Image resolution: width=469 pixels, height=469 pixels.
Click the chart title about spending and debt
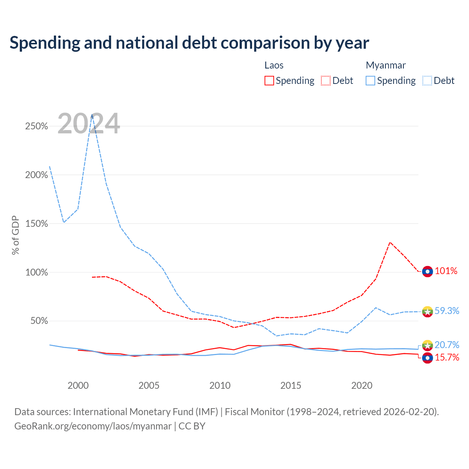pyautogui.click(x=189, y=43)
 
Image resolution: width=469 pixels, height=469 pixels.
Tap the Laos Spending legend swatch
pyautogui.click(x=269, y=81)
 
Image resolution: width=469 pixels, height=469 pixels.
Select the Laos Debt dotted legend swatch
pyautogui.click(x=325, y=81)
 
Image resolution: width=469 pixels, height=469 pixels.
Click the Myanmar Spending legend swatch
pyautogui.click(x=370, y=81)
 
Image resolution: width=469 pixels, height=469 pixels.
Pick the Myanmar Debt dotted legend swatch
pyautogui.click(x=427, y=81)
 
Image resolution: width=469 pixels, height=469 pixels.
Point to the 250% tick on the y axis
pyautogui.click(x=37, y=126)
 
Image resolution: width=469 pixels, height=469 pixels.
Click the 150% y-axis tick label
pyautogui.click(x=37, y=224)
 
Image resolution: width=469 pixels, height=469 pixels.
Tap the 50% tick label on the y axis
pyautogui.click(x=39, y=321)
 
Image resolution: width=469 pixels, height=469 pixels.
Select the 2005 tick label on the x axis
pyautogui.click(x=149, y=385)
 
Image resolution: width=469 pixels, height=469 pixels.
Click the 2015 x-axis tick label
pyautogui.click(x=291, y=385)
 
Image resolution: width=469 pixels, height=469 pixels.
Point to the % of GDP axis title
pyautogui.click(x=15, y=235)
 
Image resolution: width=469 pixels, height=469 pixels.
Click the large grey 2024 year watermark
pyautogui.click(x=89, y=123)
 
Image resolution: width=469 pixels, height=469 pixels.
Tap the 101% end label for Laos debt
pyautogui.click(x=446, y=271)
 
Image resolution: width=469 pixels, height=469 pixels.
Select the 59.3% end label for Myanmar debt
pyautogui.click(x=447, y=311)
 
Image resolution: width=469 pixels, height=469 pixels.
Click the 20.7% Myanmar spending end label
pyautogui.click(x=447, y=345)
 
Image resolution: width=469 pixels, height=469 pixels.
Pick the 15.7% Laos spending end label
pyautogui.click(x=447, y=358)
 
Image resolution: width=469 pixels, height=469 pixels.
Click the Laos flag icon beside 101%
pyautogui.click(x=427, y=272)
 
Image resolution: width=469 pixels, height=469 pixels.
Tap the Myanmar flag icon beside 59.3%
pyautogui.click(x=427, y=311)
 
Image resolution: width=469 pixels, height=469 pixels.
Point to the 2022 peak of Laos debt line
pyautogui.click(x=390, y=243)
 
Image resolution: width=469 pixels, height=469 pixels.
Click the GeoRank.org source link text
pyautogui.click(x=93, y=426)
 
